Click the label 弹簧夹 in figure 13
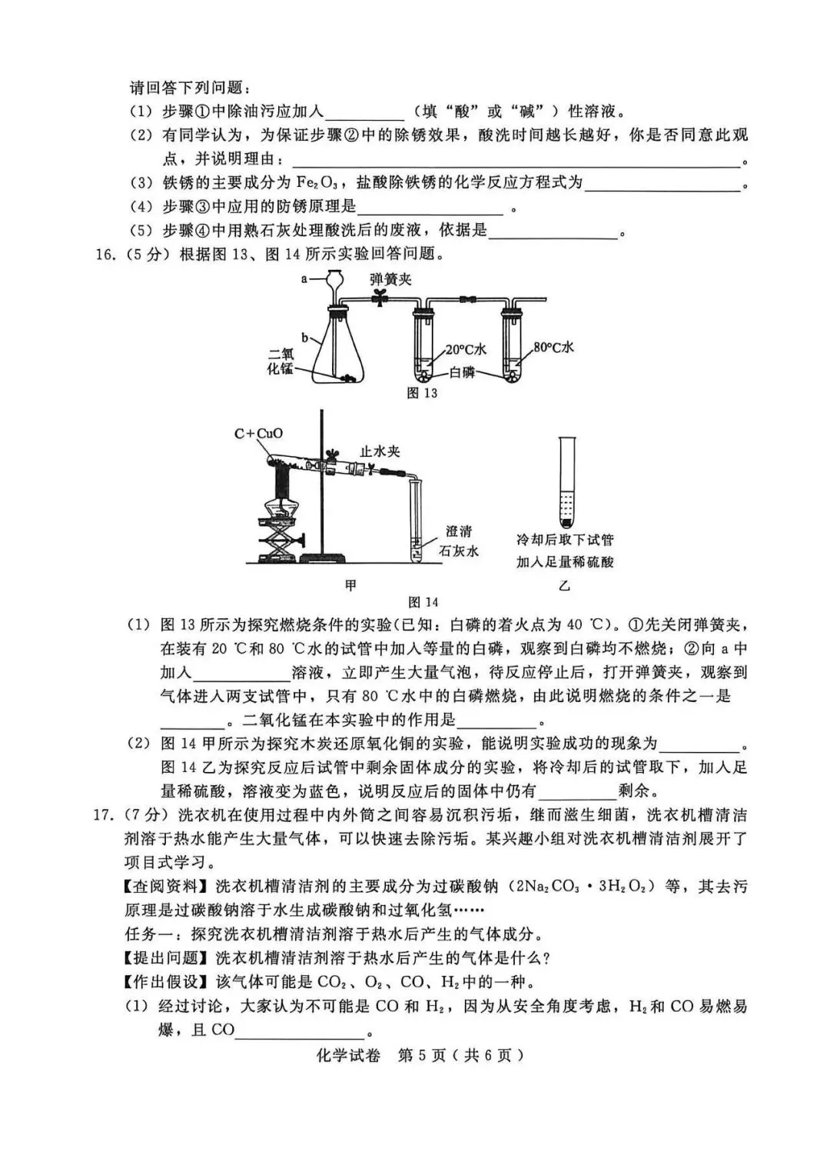tap(390, 279)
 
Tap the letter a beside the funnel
tap(304, 279)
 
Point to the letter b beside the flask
tap(304, 338)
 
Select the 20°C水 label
tap(466, 349)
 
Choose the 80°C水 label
tap(553, 347)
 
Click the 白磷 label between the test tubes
tap(462, 372)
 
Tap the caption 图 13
tap(422, 393)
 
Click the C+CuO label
tap(258, 433)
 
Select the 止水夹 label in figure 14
tap(380, 451)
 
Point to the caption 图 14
tap(423, 601)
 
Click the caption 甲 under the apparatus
tap(350, 585)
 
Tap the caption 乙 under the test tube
tap(564, 585)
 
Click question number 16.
tap(105, 255)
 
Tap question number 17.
tap(104, 814)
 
